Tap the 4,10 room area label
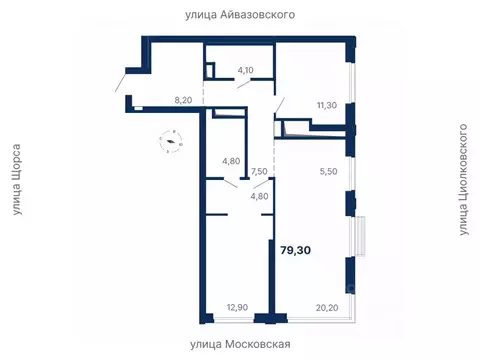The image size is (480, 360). pos(245,70)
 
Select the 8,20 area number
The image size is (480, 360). pos(183,100)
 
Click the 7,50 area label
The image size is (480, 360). pos(259,171)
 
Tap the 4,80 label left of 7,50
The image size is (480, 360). pos(231,160)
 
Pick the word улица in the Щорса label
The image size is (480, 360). pos(18,212)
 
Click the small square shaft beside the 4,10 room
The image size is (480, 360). pos(210,70)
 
